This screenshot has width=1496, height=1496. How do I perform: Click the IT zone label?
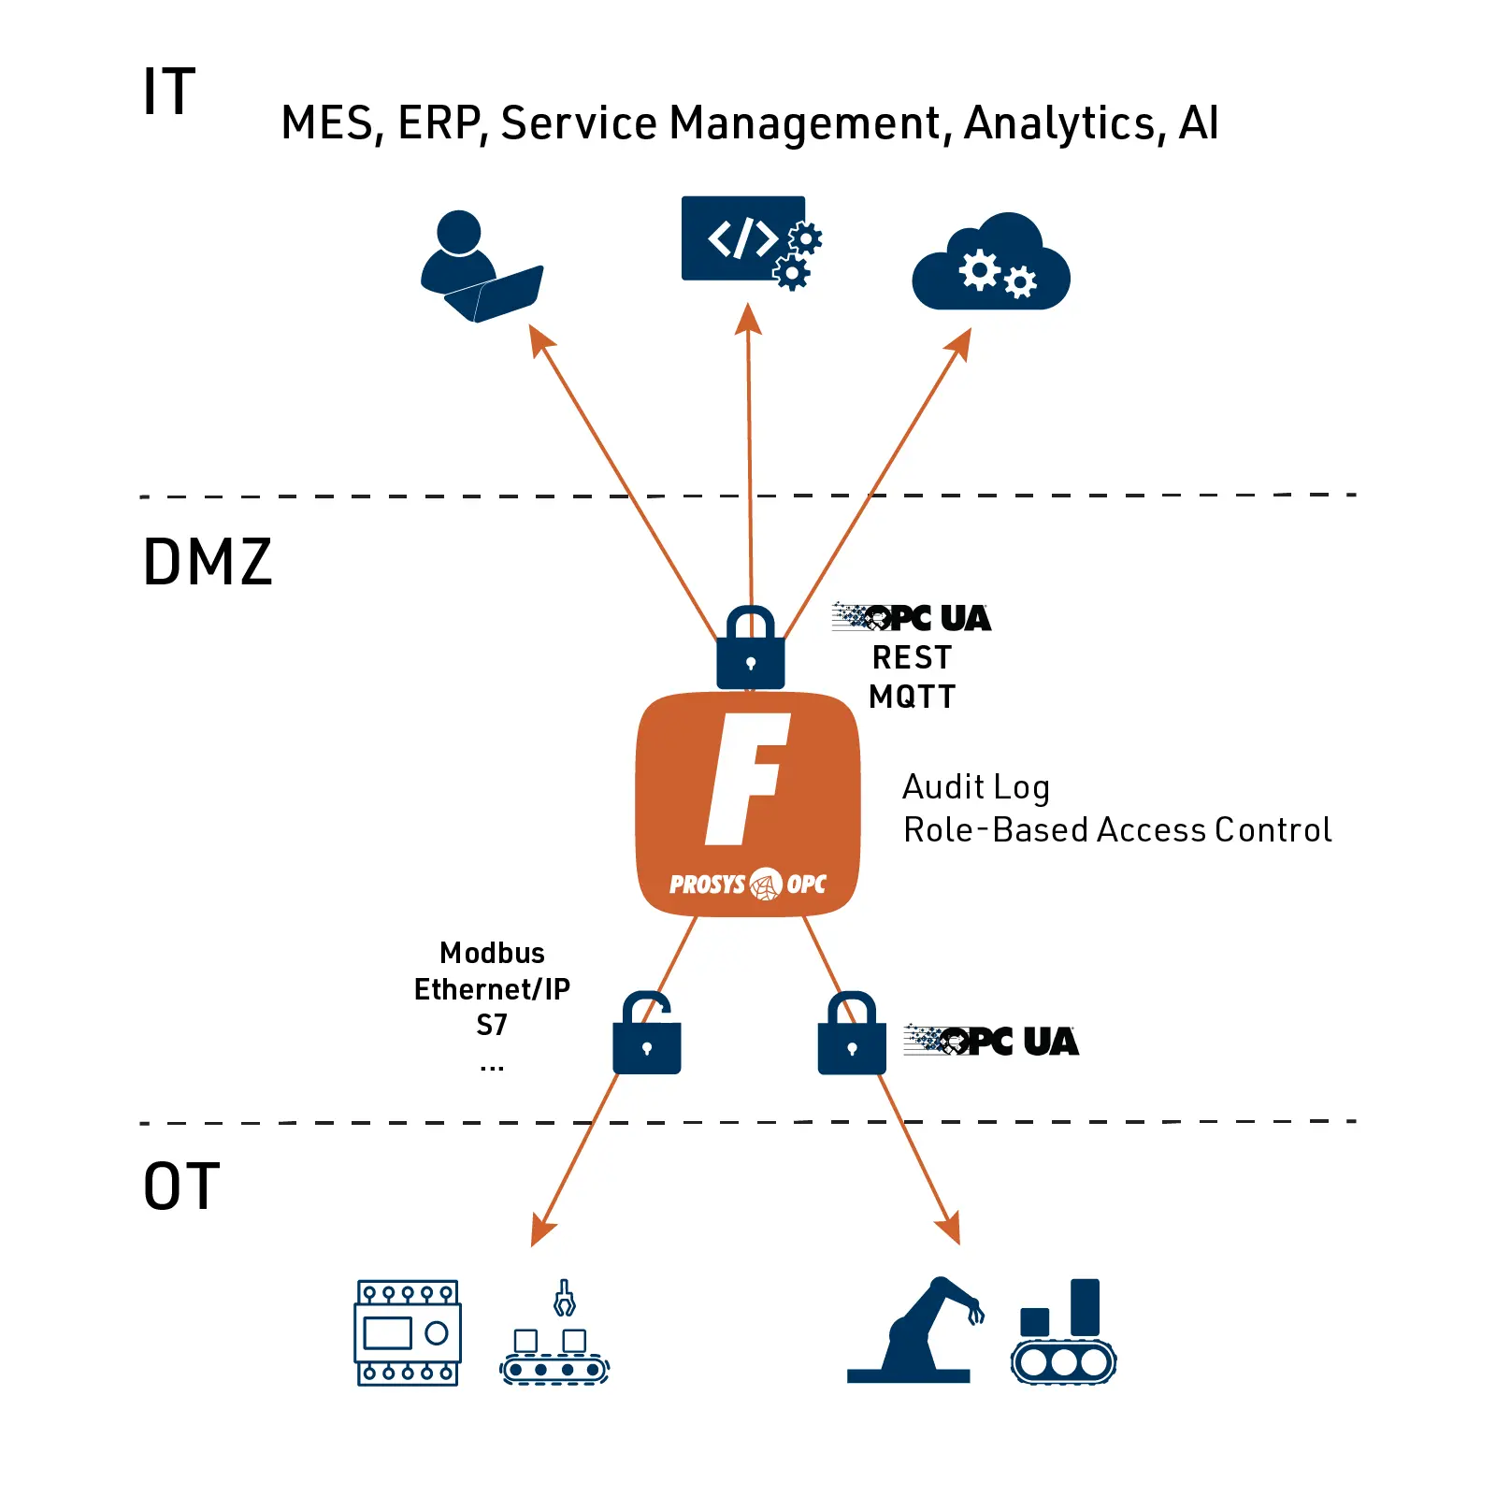[x=168, y=92]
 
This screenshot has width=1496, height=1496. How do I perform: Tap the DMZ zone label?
[x=207, y=562]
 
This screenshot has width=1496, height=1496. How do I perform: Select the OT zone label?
[x=181, y=1187]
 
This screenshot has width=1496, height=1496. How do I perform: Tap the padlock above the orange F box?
[x=750, y=650]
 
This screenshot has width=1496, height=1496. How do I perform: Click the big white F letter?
[x=747, y=778]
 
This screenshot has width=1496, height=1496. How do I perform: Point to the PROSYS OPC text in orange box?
[x=747, y=884]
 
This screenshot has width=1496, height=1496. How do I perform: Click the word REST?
[x=912, y=657]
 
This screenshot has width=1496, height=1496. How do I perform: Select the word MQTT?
[x=912, y=697]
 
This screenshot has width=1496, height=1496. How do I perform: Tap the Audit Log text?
[x=975, y=787]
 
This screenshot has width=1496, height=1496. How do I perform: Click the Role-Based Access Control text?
[x=1116, y=830]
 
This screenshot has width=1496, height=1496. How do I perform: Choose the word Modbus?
[x=492, y=953]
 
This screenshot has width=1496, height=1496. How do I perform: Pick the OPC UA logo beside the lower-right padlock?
[x=991, y=1041]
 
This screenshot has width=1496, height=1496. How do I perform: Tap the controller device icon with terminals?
[x=408, y=1332]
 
